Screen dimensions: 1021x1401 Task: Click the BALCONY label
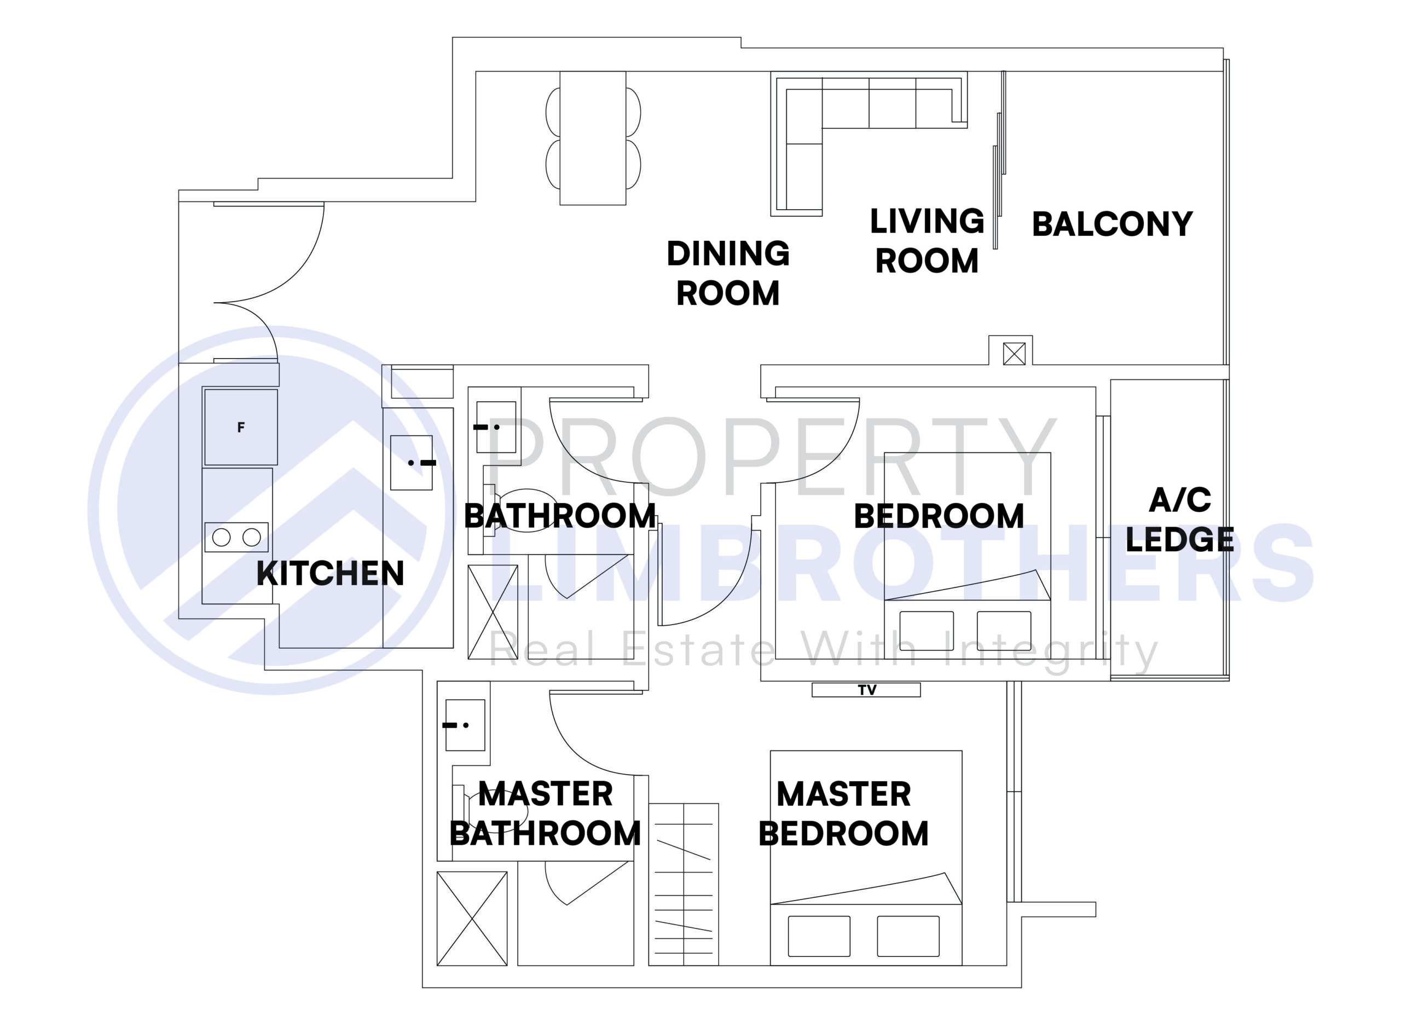click(x=1111, y=224)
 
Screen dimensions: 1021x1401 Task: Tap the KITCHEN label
click(x=330, y=573)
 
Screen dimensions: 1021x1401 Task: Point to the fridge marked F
click(x=240, y=426)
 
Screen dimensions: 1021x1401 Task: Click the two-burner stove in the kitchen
click(x=236, y=537)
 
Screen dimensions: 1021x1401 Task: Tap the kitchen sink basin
click(x=411, y=462)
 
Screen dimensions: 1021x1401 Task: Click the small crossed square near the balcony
click(x=1014, y=354)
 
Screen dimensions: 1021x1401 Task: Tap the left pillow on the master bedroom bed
click(x=819, y=936)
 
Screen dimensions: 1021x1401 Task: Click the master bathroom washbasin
click(x=465, y=724)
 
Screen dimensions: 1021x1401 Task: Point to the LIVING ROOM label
click(x=927, y=241)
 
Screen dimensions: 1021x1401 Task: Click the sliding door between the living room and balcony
click(x=998, y=161)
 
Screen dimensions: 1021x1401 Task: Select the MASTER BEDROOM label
click(x=843, y=814)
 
